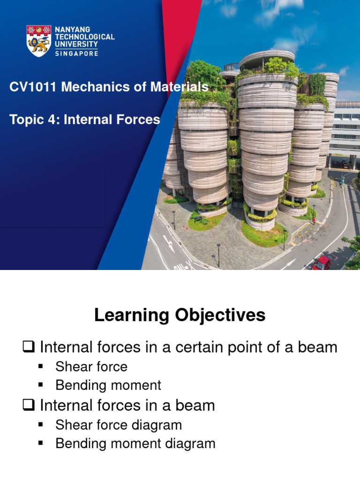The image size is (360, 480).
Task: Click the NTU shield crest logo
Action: [x=38, y=41]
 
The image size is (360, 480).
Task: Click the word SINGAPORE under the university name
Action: [x=76, y=53]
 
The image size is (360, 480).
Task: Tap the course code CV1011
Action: [x=33, y=87]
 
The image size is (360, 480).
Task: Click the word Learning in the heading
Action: [x=132, y=315]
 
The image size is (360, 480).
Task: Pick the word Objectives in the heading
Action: [x=220, y=315]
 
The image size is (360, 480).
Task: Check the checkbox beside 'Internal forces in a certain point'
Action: [x=29, y=347]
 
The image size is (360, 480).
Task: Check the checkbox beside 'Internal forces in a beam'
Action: [x=29, y=405]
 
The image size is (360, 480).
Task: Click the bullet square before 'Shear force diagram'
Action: [x=40, y=424]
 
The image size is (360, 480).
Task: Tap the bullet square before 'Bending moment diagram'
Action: [x=40, y=442]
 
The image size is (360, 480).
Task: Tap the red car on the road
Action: [x=322, y=263]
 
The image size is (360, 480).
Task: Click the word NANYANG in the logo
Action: [x=73, y=30]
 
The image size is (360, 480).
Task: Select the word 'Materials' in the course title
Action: [x=180, y=87]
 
